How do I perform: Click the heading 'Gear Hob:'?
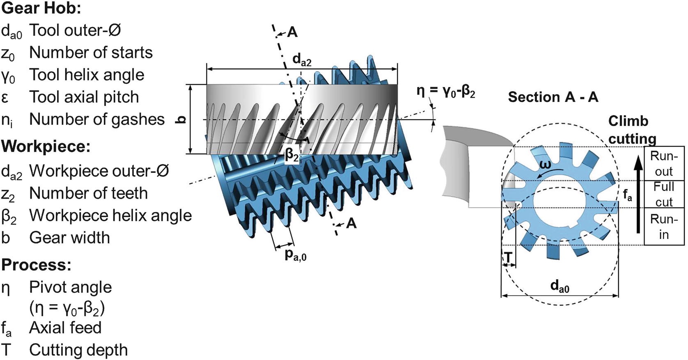41,8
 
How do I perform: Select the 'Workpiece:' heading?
46,147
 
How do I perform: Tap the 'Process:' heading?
36,265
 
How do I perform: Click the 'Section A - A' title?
553,97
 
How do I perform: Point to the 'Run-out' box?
663,163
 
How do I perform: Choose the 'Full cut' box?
663,194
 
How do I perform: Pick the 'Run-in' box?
663,227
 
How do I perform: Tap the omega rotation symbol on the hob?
545,165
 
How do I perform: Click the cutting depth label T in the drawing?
508,257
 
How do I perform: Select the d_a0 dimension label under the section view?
560,286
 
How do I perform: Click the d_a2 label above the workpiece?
302,60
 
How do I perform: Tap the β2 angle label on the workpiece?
292,155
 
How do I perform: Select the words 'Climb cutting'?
631,130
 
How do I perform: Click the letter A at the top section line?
292,32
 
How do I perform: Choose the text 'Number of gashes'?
97,119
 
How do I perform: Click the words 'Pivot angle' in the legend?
70,287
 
